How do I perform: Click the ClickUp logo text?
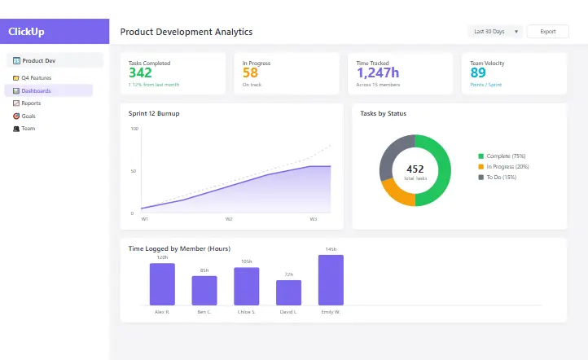(26, 32)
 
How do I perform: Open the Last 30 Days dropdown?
(496, 32)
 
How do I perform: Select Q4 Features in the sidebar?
(36, 78)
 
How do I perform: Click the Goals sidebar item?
(29, 116)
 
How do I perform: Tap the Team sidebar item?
(28, 129)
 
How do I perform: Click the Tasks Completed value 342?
(140, 73)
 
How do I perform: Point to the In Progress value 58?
(250, 73)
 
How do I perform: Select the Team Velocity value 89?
(478, 73)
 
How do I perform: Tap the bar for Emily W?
(331, 279)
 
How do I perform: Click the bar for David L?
(288, 292)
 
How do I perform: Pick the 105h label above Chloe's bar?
(246, 261)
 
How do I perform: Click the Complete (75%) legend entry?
(505, 156)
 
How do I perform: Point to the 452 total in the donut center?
(415, 169)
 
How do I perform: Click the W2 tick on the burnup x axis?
(229, 219)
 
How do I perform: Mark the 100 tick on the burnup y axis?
(134, 129)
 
